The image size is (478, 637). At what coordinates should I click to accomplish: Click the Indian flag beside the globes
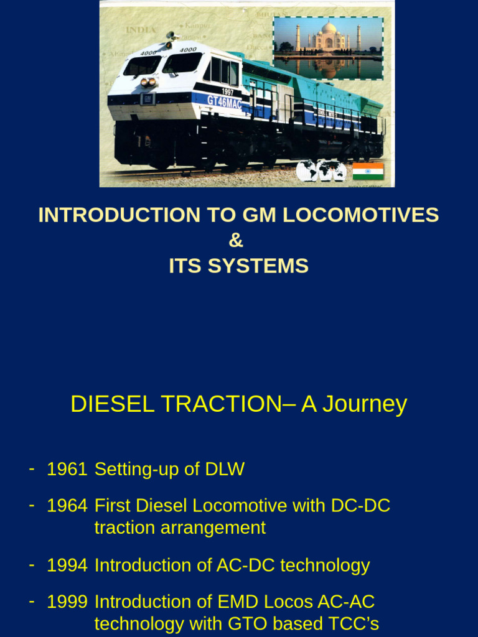point(368,171)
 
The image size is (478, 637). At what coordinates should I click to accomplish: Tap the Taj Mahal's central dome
point(328,29)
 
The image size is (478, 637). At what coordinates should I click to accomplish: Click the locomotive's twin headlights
point(148,81)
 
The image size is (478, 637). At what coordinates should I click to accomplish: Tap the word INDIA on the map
point(141,30)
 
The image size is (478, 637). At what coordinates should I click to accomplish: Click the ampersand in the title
point(236,241)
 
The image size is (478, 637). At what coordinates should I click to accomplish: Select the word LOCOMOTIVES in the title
point(360,215)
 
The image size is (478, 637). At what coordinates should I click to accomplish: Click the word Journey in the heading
point(354,404)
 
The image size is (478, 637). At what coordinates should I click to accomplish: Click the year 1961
point(67,470)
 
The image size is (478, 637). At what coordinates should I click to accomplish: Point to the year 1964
point(67,506)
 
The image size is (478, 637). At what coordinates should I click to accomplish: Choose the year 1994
point(67,565)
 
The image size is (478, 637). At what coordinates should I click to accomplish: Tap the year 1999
point(67,602)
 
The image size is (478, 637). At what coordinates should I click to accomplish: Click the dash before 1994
point(31,564)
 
